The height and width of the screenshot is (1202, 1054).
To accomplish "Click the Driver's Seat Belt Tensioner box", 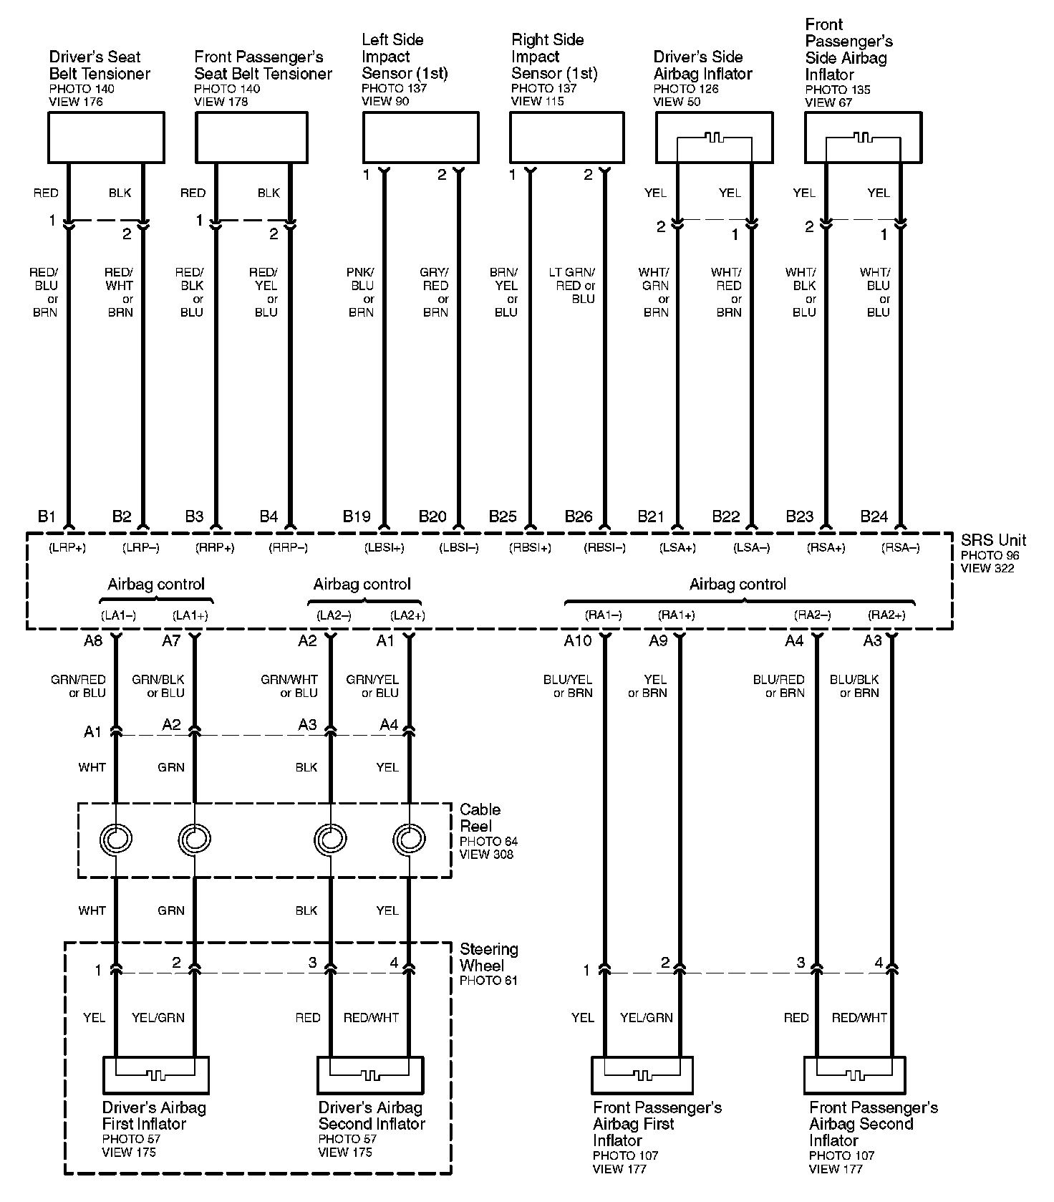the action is (106, 137).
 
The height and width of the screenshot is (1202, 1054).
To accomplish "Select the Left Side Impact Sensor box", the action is (420, 137).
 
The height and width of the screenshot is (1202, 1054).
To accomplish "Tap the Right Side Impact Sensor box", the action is (566, 137).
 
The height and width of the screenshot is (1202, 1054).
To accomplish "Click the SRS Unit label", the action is (993, 540).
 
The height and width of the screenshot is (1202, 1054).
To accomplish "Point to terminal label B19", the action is (357, 516).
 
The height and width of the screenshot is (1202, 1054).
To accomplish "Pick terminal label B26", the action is (579, 516).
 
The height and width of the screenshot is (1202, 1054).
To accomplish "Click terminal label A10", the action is (578, 640).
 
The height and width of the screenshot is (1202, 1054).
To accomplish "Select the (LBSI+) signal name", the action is (385, 548).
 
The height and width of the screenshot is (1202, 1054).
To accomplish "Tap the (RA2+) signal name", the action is (886, 615).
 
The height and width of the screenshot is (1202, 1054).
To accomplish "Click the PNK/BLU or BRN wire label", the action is (362, 292).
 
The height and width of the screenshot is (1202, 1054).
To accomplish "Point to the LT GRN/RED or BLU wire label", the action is (572, 285).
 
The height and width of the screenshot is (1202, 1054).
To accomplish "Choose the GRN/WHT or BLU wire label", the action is (289, 686).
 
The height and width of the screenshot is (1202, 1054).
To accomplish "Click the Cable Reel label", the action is (480, 817).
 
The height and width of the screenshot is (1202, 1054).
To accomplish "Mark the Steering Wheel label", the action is (489, 957).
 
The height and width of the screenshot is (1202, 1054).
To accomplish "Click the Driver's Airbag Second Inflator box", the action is (370, 1074).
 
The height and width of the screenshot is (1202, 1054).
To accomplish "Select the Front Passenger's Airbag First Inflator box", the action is (642, 1074).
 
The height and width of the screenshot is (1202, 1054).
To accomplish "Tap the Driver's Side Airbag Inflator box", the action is (714, 137).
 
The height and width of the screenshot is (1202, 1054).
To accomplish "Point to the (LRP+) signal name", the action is (67, 548).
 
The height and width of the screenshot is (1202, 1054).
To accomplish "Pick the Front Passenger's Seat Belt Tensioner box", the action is (252, 137).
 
